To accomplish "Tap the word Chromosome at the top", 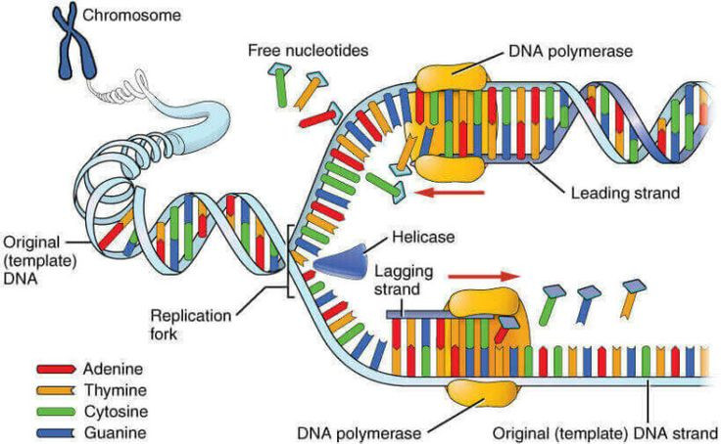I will click(123, 16).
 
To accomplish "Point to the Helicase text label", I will click(418, 238).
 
